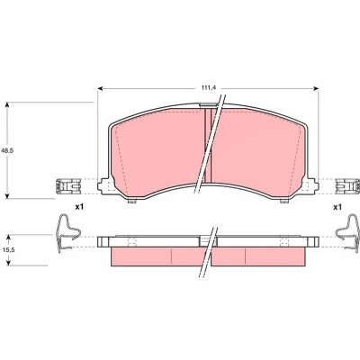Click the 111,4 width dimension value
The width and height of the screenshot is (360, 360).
tap(207, 88)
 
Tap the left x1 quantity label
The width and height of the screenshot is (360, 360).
tap(79, 207)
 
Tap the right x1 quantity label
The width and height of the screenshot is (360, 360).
tap(337, 207)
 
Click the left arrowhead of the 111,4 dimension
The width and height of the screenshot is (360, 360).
tap(101, 88)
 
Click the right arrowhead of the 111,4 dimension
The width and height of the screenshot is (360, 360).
tap(316, 88)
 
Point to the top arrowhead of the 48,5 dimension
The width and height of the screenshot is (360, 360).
tap(8, 105)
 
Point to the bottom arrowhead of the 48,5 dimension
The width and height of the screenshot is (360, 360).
tap(8, 195)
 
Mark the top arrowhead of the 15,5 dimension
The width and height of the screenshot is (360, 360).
tap(9, 238)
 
